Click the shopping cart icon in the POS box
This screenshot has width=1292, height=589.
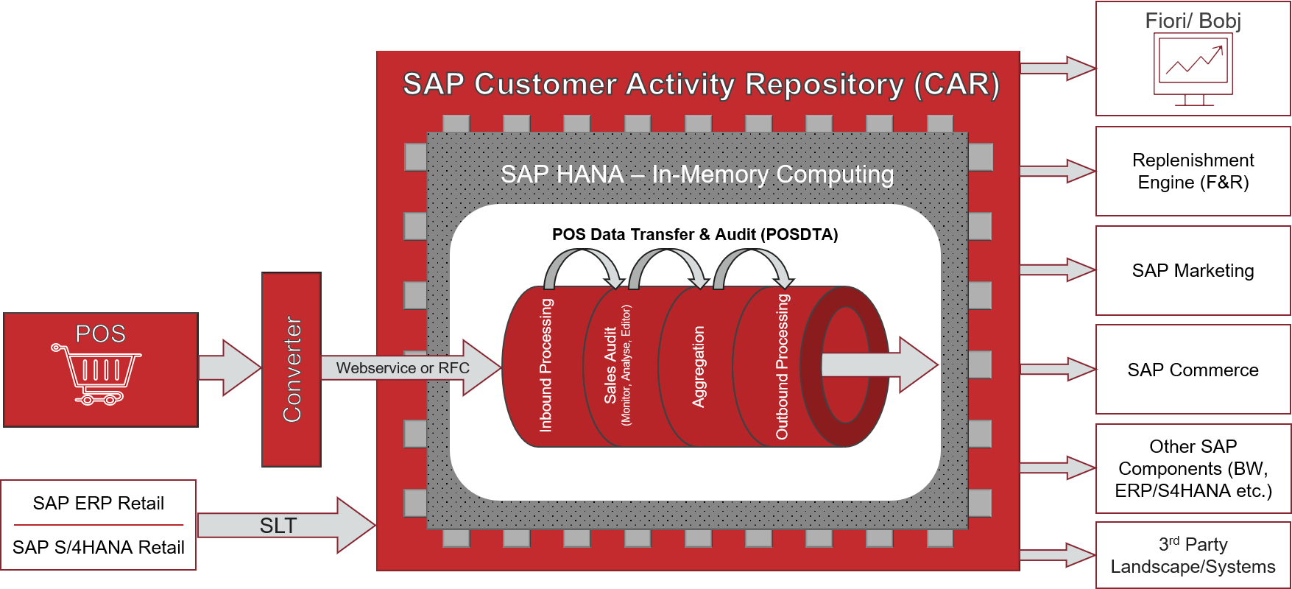pos(96,373)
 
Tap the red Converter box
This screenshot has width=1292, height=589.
pos(292,370)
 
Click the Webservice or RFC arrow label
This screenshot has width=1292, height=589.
pos(402,368)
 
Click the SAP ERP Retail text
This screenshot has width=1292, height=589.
pos(98,503)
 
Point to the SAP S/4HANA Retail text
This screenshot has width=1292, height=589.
pos(98,547)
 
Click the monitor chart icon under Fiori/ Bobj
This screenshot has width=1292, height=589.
pos(1193,70)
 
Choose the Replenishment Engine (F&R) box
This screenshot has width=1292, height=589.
pos(1193,171)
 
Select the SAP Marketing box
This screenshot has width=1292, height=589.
pos(1193,270)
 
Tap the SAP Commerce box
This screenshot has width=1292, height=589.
pos(1193,370)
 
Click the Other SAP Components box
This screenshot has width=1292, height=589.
pos(1193,468)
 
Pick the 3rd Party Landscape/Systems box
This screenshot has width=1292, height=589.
pos(1193,555)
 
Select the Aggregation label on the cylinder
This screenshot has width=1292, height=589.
pos(699,367)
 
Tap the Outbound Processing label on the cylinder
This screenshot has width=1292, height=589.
pos(782,367)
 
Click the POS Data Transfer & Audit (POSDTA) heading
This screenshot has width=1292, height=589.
pos(694,235)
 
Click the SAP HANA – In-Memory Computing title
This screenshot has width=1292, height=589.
pos(696,174)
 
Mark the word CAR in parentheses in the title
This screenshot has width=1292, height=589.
pos(956,85)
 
